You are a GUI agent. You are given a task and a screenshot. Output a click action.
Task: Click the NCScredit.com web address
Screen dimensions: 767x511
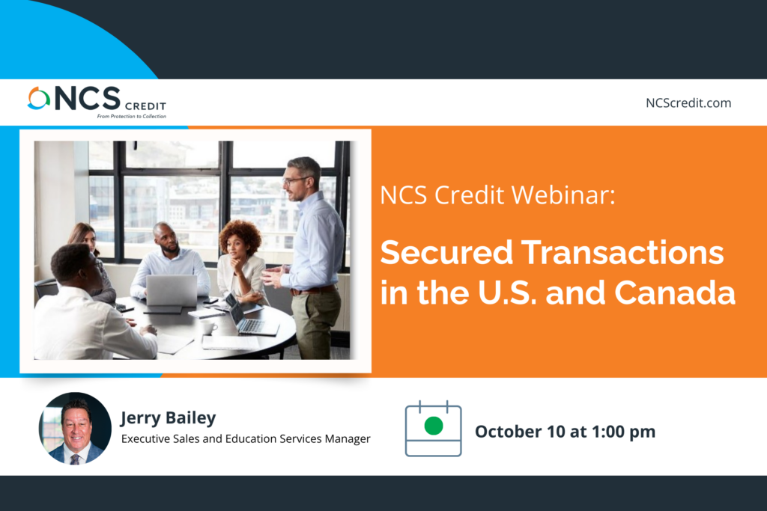(x=688, y=103)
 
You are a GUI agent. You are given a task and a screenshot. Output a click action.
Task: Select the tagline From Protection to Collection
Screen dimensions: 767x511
(x=132, y=116)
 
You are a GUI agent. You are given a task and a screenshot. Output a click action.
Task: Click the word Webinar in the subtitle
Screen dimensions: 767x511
(x=563, y=195)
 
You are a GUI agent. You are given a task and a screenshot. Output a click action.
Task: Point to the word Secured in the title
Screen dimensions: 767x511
(x=446, y=253)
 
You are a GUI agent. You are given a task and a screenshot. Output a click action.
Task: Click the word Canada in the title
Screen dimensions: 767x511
(x=675, y=293)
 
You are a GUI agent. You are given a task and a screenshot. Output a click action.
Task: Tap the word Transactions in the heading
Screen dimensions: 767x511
(x=622, y=253)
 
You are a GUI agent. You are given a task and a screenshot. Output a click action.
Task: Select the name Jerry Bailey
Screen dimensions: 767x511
(x=169, y=418)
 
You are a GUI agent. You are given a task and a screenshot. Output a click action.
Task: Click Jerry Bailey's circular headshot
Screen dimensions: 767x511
(x=75, y=428)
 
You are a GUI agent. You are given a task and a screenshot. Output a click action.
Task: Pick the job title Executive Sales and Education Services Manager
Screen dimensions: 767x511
(x=246, y=438)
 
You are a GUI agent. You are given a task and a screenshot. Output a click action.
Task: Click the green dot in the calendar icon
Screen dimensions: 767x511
(x=434, y=426)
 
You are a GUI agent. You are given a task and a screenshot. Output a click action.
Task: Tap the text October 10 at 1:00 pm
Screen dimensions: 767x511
(x=565, y=432)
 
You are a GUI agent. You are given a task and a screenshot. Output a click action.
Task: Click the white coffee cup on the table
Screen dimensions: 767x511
(x=209, y=327)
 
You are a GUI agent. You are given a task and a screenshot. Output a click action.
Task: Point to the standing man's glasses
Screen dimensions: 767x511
(x=295, y=180)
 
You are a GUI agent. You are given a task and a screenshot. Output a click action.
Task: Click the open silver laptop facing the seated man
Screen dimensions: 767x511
(x=172, y=291)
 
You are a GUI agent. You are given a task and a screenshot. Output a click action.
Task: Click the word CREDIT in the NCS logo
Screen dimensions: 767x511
(x=145, y=106)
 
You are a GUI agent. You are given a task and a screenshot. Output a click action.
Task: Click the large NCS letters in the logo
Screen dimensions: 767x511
(x=88, y=98)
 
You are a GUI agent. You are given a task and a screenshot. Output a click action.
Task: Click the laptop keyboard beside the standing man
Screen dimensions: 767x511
(x=253, y=325)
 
